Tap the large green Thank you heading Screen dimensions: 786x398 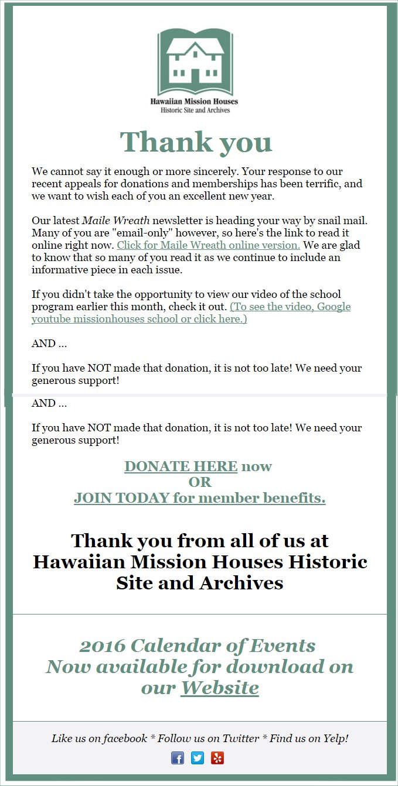coord(196,142)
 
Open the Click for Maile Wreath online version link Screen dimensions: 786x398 coord(209,245)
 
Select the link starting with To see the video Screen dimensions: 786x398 coord(191,313)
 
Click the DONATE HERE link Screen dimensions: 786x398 coord(181,466)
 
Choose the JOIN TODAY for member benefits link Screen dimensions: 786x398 coord(199,498)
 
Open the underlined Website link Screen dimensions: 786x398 coord(219,687)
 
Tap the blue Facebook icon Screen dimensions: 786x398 coord(177,758)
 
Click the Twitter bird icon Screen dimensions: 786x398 coord(198,758)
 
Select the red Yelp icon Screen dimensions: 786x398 coord(217,758)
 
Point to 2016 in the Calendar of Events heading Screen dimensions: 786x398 coord(102,646)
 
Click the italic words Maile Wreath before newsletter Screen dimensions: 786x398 coord(115,221)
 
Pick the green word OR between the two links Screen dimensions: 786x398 coord(199,482)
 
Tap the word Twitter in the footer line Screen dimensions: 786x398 coord(239,739)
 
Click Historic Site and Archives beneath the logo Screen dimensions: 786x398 coord(195,109)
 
